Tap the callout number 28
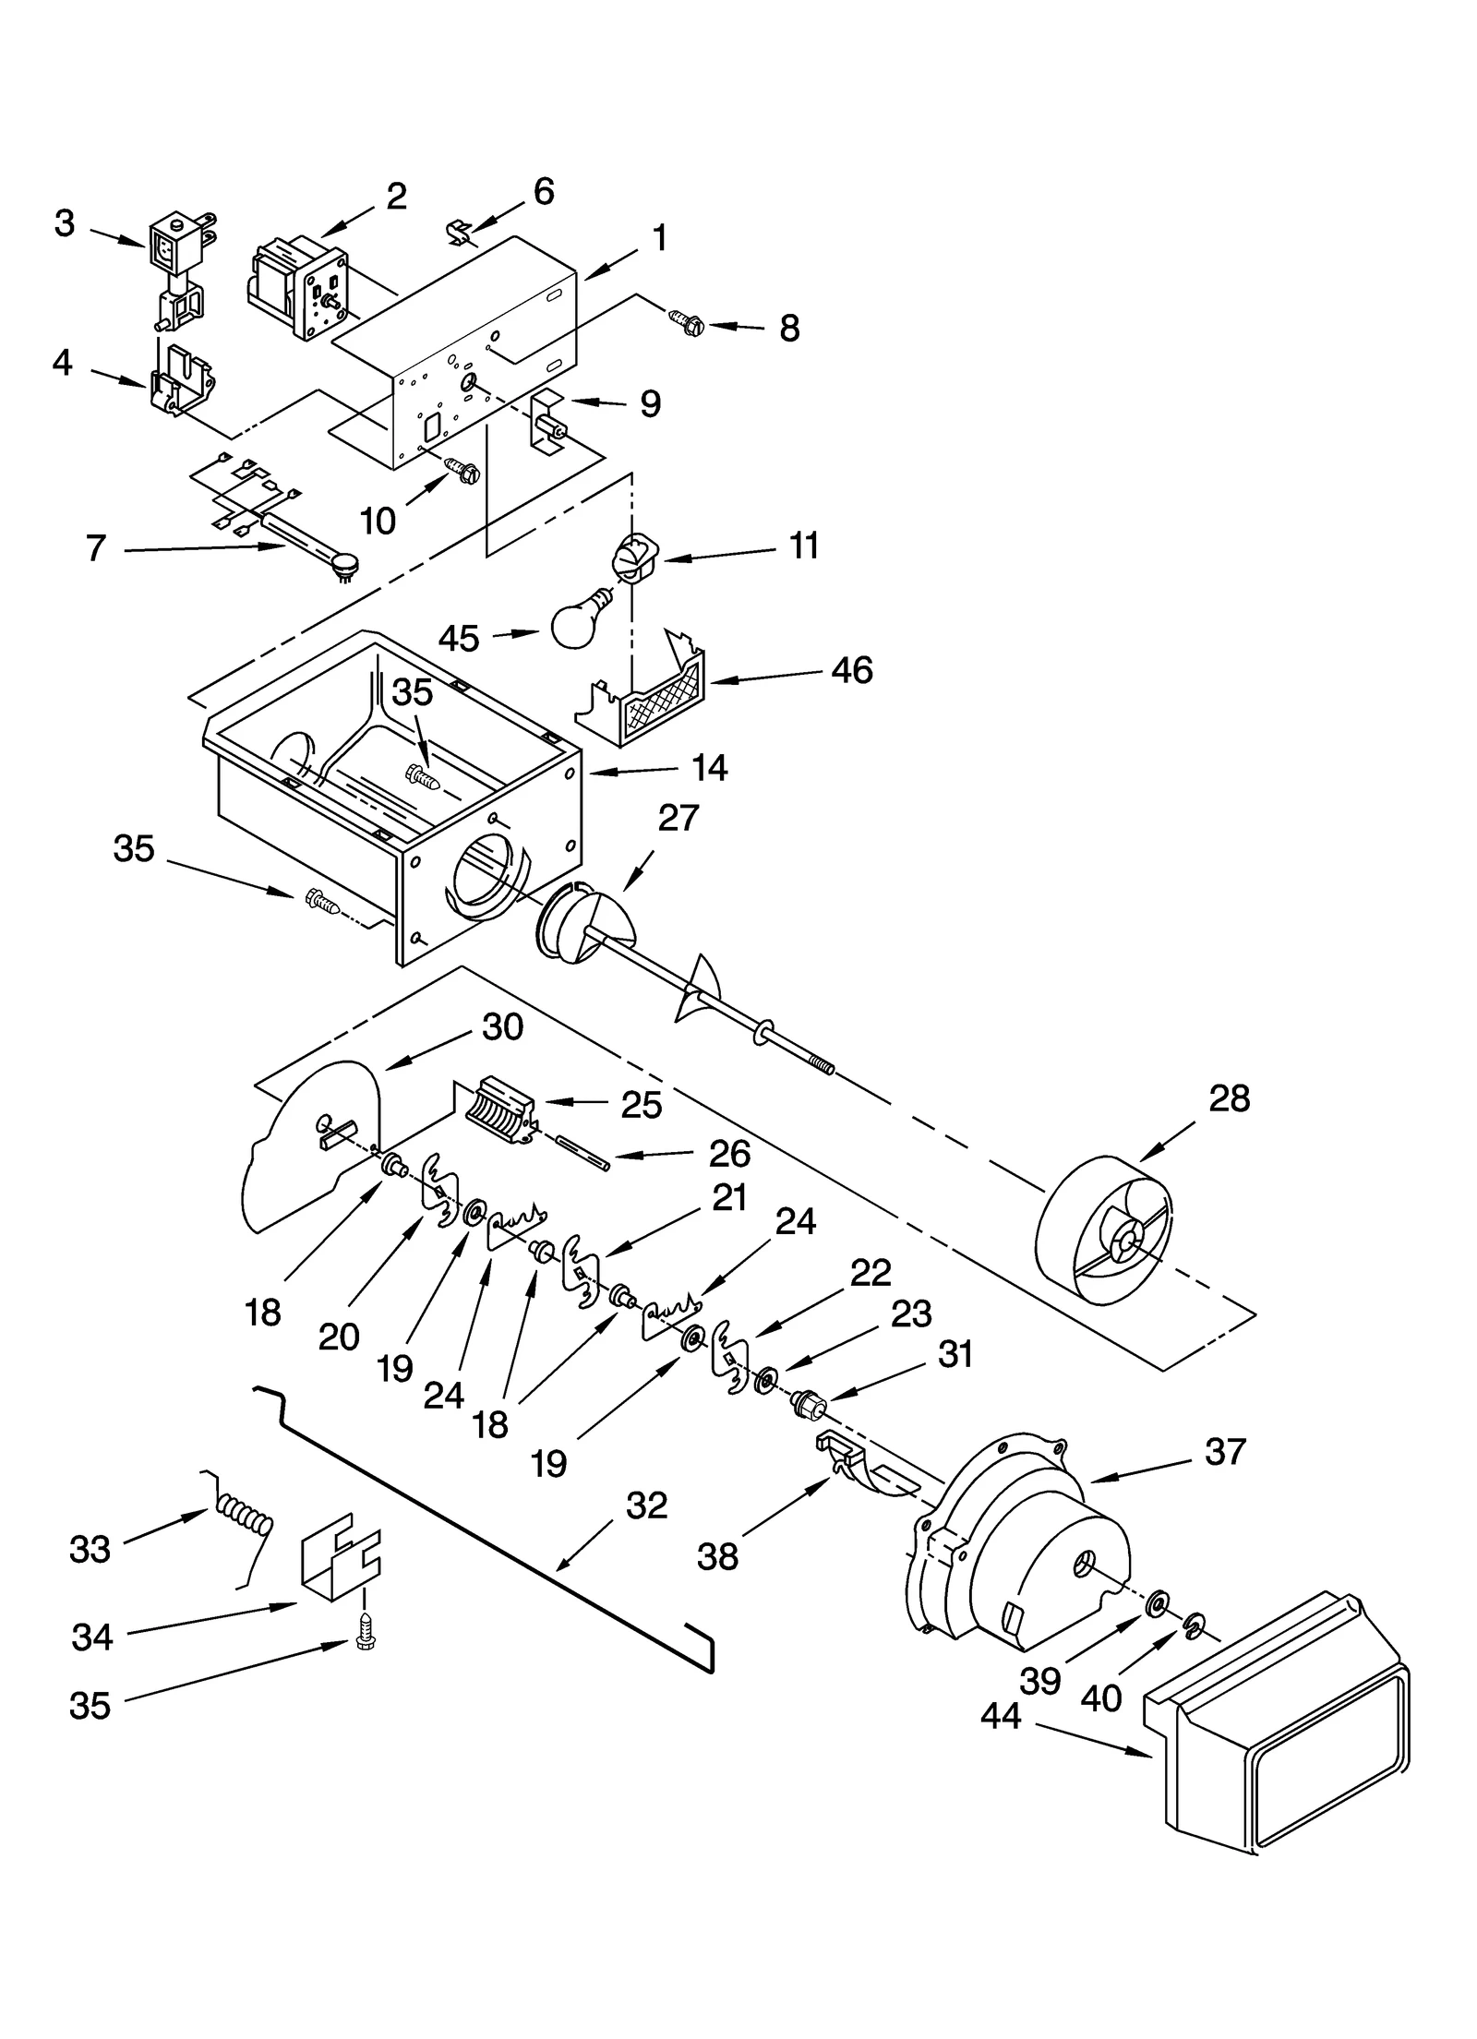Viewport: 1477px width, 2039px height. click(1229, 1098)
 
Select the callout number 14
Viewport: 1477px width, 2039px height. click(709, 768)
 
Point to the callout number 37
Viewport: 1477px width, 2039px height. click(1225, 1452)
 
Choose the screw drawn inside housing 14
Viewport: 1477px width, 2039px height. click(423, 777)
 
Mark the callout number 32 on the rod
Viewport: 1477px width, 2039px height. click(646, 1505)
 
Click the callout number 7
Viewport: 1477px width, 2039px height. click(96, 548)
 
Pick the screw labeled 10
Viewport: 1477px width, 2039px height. click(462, 471)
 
